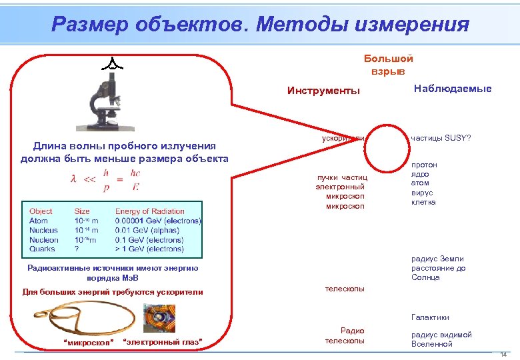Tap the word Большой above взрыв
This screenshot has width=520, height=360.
[388, 59]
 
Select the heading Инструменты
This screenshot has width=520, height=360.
[323, 91]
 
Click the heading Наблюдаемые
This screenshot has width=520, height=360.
[453, 88]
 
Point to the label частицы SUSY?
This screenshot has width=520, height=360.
[441, 138]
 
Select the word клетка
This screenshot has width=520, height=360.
[424, 202]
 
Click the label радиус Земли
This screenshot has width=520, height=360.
[437, 259]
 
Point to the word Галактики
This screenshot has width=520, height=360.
[430, 317]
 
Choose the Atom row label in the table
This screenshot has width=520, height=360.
[38, 221]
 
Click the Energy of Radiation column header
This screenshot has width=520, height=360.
[149, 211]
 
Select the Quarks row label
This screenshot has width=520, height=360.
[42, 249]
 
